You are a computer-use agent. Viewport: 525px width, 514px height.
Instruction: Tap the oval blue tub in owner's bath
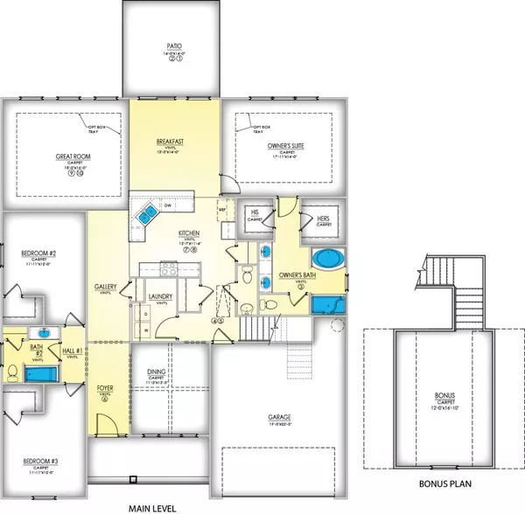327,260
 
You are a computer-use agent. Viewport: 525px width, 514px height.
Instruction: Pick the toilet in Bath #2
11,372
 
